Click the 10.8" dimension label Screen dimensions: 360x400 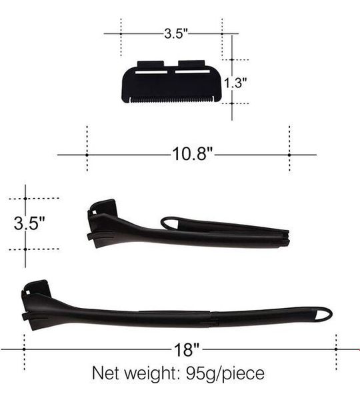(x=193, y=153)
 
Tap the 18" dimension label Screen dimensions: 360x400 (x=187, y=350)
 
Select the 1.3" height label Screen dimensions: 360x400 (x=235, y=83)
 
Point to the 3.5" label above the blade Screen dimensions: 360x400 (x=176, y=33)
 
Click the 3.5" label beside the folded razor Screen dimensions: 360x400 (x=29, y=223)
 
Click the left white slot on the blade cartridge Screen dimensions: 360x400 (x=151, y=72)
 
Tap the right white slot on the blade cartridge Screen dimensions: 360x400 (x=191, y=72)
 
